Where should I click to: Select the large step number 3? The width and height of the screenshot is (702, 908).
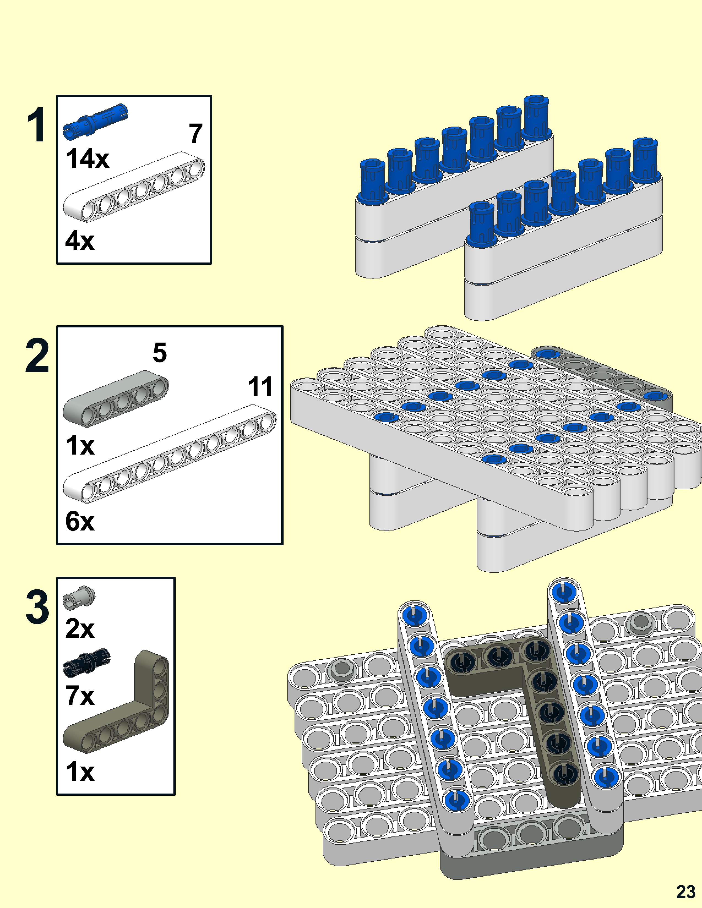[37, 608]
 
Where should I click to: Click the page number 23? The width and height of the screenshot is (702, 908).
[685, 891]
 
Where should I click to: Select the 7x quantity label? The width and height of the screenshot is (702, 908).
[80, 695]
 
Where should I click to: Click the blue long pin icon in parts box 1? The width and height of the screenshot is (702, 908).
[96, 120]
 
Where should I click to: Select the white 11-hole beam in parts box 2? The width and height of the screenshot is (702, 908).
[170, 453]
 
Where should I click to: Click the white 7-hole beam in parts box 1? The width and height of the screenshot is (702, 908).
[134, 186]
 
